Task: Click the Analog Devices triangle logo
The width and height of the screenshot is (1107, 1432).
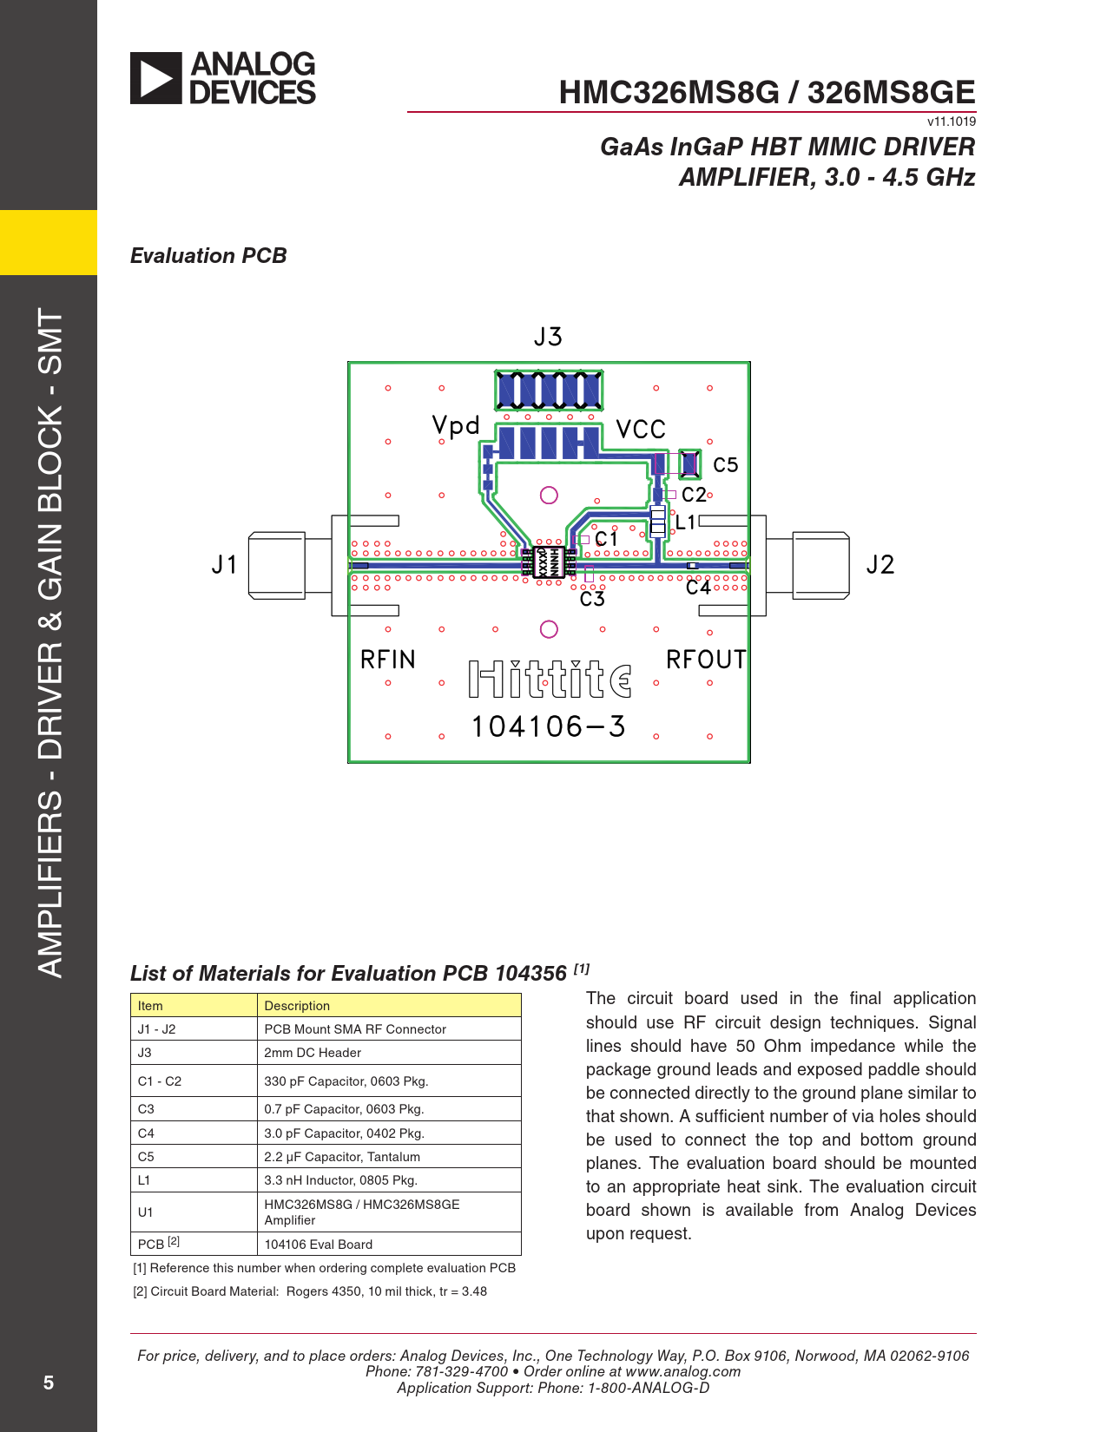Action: pyautogui.click(x=155, y=78)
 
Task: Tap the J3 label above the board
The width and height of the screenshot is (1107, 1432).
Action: pyautogui.click(x=548, y=337)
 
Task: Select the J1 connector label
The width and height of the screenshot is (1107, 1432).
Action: pyautogui.click(x=224, y=565)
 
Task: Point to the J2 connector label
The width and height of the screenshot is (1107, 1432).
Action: pyautogui.click(x=880, y=565)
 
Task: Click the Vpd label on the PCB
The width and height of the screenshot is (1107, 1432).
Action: pyautogui.click(x=456, y=425)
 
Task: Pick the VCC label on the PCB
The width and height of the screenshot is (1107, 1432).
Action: pyautogui.click(x=641, y=430)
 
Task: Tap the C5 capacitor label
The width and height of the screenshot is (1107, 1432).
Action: pyautogui.click(x=726, y=465)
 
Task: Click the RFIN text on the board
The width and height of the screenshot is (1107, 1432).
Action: pyautogui.click(x=388, y=660)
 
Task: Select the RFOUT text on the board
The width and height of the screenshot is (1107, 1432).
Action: pyautogui.click(x=706, y=660)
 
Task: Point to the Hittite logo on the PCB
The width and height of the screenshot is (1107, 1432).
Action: pyautogui.click(x=550, y=679)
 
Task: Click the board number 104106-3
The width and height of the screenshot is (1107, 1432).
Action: pyautogui.click(x=548, y=727)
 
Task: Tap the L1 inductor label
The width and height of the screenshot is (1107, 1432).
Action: pyautogui.click(x=686, y=522)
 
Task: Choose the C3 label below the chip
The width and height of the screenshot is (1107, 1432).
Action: pyautogui.click(x=592, y=599)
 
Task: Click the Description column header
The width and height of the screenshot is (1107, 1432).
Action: pyautogui.click(x=297, y=1006)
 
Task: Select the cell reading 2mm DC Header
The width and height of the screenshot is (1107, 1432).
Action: pyautogui.click(x=313, y=1053)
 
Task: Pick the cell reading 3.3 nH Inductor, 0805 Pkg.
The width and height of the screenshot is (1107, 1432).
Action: pyautogui.click(x=341, y=1179)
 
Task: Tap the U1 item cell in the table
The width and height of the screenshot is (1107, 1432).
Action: pyautogui.click(x=145, y=1212)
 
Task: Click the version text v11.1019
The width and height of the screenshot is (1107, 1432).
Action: pyautogui.click(x=952, y=122)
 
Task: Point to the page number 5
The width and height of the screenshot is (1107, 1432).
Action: pyautogui.click(x=48, y=1383)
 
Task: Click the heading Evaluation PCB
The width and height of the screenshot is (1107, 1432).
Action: pyautogui.click(x=208, y=256)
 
